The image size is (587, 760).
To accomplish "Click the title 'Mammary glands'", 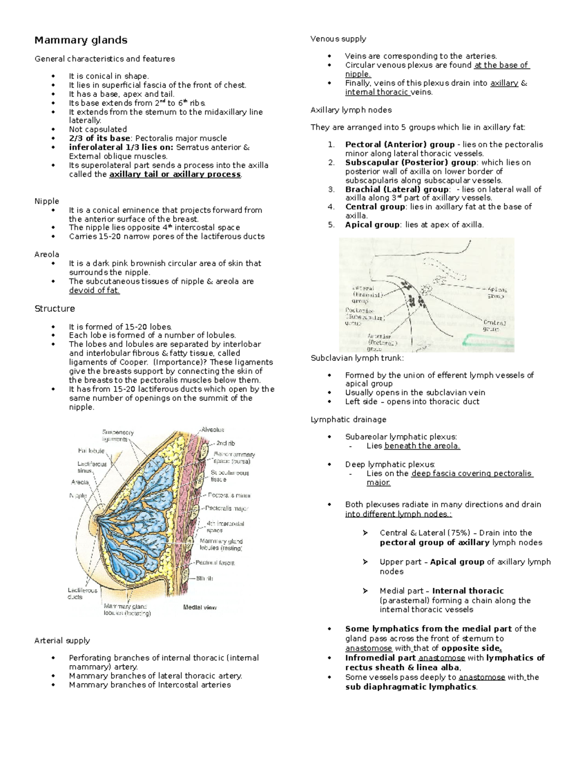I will pos(81,40).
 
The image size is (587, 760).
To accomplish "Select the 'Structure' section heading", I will pos(54,308).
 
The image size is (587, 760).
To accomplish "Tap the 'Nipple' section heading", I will pos(46,201).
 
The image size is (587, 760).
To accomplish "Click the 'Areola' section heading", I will pos(46,254).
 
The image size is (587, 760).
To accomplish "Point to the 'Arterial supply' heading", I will pos(62,641).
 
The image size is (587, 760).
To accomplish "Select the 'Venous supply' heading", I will pos(338,39).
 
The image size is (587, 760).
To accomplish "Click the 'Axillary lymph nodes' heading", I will pos(351,110).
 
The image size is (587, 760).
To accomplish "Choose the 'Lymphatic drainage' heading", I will pos(348,419).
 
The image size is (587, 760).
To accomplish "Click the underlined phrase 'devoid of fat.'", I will pos(94,290).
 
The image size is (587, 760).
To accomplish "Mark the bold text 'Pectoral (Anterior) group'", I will pos(400,144).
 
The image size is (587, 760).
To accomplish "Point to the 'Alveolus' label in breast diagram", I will pos(213,430).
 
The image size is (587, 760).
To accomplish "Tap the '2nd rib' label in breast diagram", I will pos(226,443).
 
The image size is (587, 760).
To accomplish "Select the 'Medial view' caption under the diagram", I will pos(200,607).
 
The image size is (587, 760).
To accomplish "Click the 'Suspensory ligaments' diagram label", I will pos(117,436).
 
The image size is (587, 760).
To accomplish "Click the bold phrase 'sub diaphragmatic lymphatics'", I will pos(410,687).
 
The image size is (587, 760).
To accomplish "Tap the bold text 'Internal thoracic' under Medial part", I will pos(468,591).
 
